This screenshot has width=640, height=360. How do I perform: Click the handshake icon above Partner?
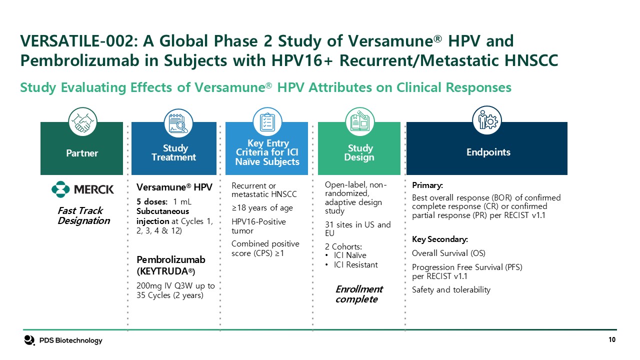(82, 121)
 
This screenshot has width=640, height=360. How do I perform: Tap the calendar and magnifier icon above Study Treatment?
(178, 123)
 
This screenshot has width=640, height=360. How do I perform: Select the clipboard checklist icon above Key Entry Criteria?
(267, 121)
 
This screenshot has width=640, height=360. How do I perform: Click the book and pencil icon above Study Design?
(359, 121)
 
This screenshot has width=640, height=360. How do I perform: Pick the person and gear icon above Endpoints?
(487, 120)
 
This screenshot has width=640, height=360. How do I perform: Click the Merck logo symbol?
(60, 189)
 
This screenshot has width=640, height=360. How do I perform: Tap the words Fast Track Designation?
(83, 215)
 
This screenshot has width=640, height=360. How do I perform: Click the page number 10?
(612, 339)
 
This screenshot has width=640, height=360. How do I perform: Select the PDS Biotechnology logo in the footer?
(63, 340)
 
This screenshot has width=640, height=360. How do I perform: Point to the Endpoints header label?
(488, 152)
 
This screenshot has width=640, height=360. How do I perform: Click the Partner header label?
(82, 153)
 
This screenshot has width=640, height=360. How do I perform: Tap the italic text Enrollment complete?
(359, 294)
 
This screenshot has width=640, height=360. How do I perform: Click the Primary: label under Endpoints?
(427, 185)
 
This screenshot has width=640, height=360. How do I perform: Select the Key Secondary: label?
(440, 239)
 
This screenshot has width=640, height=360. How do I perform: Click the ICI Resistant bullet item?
(355, 265)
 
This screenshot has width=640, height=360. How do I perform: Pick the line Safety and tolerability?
(451, 289)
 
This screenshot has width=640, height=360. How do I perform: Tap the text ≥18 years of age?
(262, 207)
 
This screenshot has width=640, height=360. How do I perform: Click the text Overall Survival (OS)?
(448, 253)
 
